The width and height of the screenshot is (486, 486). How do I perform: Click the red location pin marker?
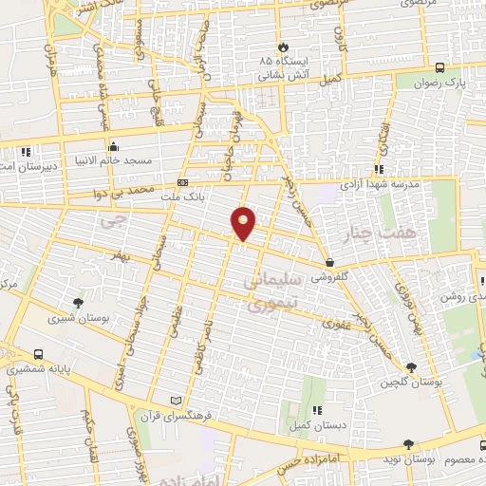pos(244,222)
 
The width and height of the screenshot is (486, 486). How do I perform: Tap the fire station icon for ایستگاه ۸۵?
pos(281,47)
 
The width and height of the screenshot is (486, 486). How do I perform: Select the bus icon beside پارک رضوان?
pos(439,67)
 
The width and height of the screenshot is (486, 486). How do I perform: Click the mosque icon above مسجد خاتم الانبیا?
pos(114,147)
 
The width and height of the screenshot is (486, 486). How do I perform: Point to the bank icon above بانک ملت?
pos(182,182)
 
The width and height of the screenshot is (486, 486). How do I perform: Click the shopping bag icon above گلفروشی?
pos(329,261)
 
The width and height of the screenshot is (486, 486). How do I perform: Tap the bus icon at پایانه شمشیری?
pos(37,349)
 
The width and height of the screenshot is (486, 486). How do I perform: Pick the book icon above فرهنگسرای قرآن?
pos(173,400)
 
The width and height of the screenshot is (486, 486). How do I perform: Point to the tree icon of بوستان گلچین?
pos(411,368)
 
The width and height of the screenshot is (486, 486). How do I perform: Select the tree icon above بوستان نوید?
pos(408,444)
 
